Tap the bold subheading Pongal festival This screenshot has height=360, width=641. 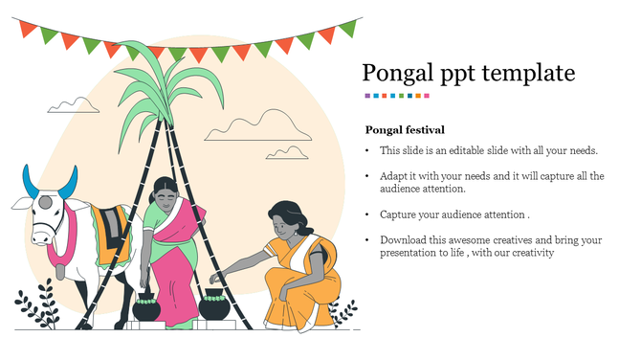405,129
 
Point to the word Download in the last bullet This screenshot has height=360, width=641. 404,239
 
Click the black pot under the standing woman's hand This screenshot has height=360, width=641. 146,309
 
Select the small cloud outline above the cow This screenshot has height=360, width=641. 74,105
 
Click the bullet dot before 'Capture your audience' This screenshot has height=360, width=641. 367,214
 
